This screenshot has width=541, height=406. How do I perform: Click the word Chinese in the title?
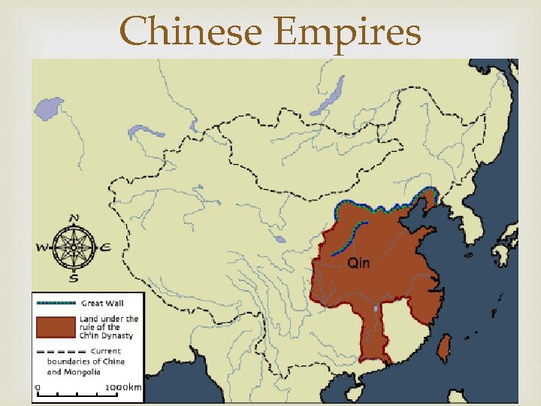click(192, 32)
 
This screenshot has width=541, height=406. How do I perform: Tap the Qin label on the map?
click(358, 262)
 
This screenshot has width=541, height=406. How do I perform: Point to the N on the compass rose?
click(74, 219)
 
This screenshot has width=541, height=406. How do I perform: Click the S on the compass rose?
click(74, 278)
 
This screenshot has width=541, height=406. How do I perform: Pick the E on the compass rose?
click(106, 247)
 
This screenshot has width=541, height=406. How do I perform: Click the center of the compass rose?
click(74, 247)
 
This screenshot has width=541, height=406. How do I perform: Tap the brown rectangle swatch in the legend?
click(56, 328)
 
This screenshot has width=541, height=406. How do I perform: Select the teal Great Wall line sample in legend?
click(56, 303)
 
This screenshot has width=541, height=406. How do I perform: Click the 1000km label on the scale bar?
click(122, 387)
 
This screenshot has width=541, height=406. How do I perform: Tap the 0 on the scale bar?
click(37, 387)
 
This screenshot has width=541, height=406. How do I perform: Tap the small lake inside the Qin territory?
click(375, 308)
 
